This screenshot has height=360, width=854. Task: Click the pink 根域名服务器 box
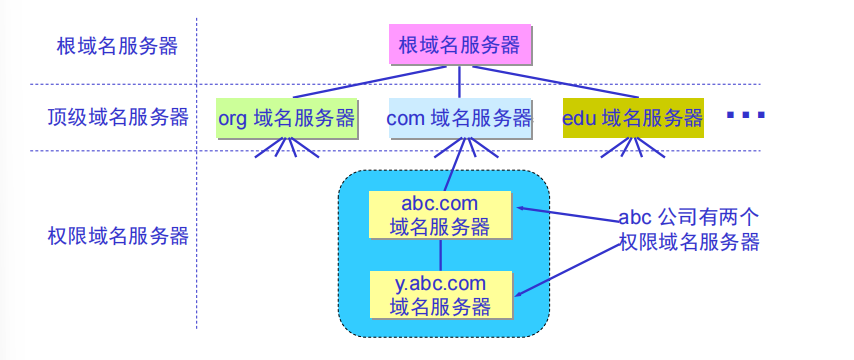459,45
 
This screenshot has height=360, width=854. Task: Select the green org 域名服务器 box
286,118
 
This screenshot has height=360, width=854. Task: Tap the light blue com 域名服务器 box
459,118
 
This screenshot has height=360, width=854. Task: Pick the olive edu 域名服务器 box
632,118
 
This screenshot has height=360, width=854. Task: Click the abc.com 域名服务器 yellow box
439,215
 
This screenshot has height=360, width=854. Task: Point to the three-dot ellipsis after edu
745,116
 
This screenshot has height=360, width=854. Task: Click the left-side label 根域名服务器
117,46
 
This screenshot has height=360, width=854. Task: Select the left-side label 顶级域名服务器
117,118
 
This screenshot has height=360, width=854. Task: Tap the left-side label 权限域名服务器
117,236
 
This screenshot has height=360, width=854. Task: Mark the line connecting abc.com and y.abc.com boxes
440,255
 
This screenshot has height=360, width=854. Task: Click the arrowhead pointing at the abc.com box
521,209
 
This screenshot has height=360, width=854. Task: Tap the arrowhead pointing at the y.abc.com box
521,292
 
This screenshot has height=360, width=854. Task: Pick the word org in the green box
233,119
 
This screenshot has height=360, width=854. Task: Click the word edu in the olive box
580,119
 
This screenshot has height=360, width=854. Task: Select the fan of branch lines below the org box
287,148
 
